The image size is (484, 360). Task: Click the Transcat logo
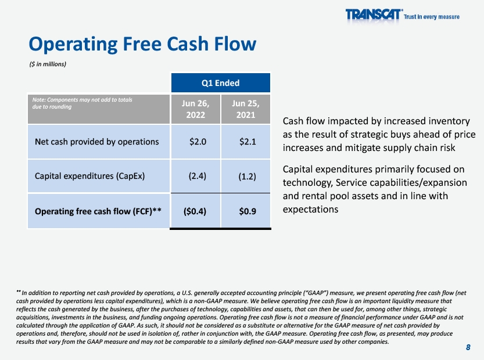374,15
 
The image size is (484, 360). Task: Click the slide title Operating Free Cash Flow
142,44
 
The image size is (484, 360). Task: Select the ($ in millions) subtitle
48,64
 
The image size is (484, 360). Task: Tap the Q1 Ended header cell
220,82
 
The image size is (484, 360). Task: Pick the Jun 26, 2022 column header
195,109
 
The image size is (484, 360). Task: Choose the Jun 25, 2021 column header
246,109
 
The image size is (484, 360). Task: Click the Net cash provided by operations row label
96,142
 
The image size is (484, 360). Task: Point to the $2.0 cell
198,142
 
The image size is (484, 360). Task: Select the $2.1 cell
248,142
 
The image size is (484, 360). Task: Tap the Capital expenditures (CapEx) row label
89,176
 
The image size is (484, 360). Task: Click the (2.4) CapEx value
197,176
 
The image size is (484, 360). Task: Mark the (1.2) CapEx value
248,177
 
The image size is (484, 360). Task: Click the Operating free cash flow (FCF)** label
98,211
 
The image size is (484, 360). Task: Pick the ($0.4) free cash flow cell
195,211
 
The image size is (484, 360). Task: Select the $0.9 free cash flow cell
248,211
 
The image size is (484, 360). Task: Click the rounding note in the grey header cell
82,103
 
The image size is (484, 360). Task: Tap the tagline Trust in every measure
432,17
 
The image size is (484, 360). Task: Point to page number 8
468,347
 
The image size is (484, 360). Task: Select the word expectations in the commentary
310,210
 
